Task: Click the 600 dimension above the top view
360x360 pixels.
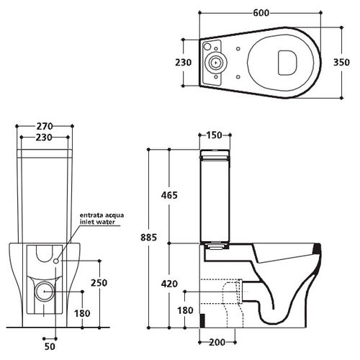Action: tap(261, 13)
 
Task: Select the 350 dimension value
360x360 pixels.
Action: tap(341, 63)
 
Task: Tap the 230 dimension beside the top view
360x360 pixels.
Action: tap(184, 63)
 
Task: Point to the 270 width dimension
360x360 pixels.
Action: tap(45, 126)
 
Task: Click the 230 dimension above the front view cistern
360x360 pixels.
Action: tap(44, 138)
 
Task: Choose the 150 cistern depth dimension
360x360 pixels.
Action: tap(214, 135)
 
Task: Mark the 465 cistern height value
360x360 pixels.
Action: tap(169, 195)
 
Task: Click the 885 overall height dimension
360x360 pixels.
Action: tap(149, 238)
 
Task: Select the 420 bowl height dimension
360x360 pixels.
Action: tap(169, 284)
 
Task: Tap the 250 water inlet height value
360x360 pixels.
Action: tap(99, 283)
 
